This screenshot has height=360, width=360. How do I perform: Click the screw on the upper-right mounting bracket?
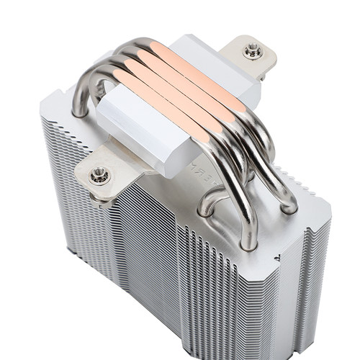pos(251,50)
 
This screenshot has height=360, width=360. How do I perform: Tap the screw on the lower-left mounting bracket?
pos(99,174)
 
